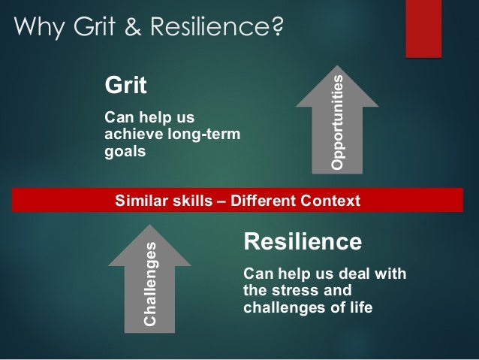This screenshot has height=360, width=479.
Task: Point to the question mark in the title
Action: [276, 29]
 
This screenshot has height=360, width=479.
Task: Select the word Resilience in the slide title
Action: [212, 29]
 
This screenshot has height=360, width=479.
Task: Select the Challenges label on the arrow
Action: [152, 282]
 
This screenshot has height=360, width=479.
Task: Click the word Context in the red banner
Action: [331, 201]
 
